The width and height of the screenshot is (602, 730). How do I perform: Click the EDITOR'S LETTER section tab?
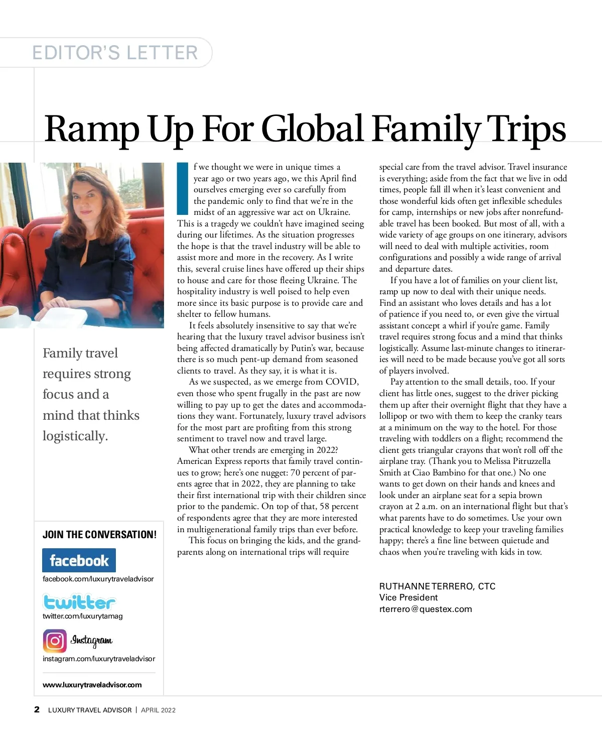115,53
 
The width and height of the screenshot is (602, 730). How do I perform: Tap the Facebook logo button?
79,560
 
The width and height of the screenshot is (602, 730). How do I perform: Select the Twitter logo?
79,601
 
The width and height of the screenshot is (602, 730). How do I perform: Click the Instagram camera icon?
54,641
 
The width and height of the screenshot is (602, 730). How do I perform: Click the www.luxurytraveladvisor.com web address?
92,685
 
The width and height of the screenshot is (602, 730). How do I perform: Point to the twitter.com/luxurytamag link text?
82,616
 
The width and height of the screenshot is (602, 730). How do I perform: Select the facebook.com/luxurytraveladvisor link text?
98,579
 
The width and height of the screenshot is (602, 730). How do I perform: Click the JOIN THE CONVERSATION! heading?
99,535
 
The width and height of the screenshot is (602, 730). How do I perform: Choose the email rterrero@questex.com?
425,609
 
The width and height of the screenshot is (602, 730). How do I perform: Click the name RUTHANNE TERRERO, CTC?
437,586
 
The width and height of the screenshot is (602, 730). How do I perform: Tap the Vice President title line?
408,597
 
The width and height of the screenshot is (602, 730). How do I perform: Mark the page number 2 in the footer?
37,709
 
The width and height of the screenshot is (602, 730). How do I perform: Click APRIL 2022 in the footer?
158,710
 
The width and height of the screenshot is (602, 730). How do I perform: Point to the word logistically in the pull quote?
75,436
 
